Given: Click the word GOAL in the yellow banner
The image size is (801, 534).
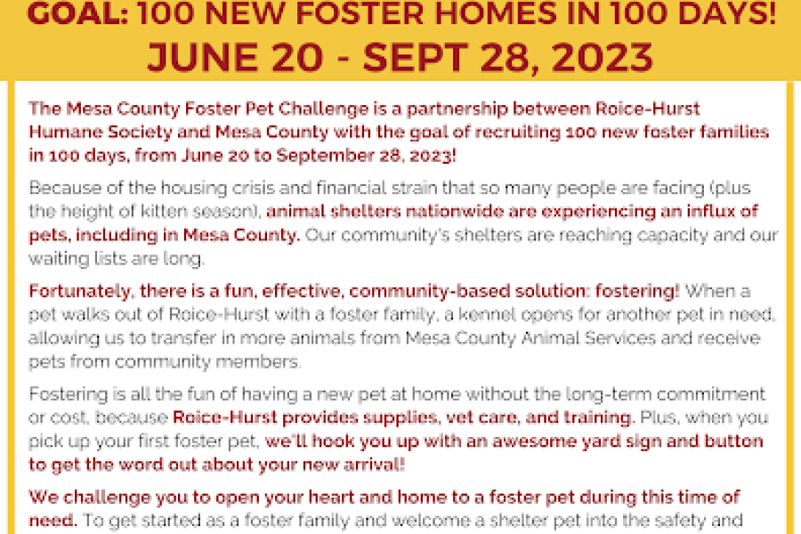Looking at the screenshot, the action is pyautogui.click(x=77, y=13).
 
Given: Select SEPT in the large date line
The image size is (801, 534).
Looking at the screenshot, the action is pyautogui.click(x=415, y=57).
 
